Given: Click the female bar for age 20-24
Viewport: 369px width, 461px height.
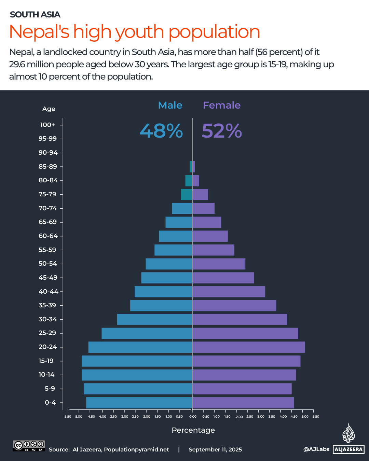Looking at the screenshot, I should (x=248, y=347).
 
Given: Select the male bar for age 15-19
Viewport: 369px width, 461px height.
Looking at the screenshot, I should (x=137, y=361).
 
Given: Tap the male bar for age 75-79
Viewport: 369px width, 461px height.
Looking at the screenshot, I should (x=186, y=194).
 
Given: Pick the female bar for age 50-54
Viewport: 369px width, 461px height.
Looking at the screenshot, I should (x=219, y=264).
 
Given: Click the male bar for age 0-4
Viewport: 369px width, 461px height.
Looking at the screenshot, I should (x=139, y=403).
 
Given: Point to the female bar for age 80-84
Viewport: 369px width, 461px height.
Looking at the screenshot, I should (x=196, y=181).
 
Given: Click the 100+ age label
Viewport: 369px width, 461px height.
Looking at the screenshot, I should (x=47, y=125).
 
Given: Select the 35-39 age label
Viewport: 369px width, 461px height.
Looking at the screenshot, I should (x=47, y=305).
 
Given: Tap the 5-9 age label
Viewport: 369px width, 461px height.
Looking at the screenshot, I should (x=50, y=389).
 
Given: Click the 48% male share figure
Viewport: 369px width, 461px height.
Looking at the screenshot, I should (x=161, y=131).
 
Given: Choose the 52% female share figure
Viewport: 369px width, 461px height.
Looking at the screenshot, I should (x=222, y=131).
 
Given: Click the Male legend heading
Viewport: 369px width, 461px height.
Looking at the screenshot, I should (x=170, y=105).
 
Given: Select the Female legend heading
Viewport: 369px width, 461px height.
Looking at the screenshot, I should (x=222, y=105).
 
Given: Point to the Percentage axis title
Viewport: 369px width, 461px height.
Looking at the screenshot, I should (x=193, y=430).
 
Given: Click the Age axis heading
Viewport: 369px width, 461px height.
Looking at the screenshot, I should (x=49, y=109).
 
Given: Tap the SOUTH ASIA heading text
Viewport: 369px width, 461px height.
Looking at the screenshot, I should (x=35, y=15).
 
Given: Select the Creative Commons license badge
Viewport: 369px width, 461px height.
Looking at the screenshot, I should (x=29, y=446).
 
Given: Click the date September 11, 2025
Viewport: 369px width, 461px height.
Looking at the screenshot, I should (x=215, y=449).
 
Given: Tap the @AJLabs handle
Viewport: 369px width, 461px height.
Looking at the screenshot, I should (x=316, y=449).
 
